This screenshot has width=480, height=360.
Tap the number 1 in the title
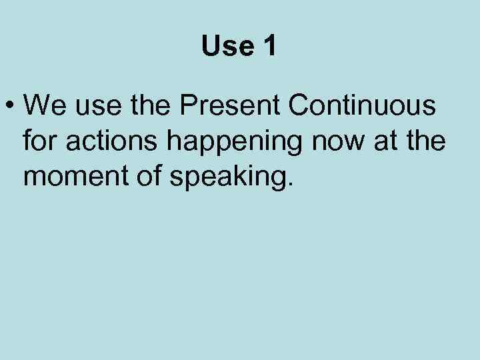point(270,46)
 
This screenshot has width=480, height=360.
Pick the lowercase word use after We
point(95,107)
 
